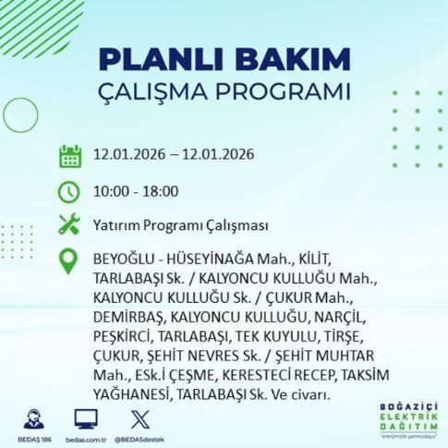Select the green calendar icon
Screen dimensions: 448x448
coord(69,154)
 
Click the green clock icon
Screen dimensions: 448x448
coord(69,191)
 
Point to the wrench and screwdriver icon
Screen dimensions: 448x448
coord(69,224)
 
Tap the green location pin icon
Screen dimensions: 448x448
coord(69,260)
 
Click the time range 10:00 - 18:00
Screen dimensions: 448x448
coord(137,191)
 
